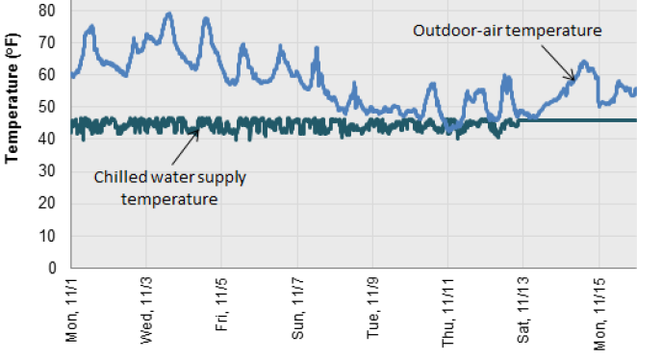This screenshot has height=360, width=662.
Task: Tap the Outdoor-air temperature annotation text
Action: click(507, 30)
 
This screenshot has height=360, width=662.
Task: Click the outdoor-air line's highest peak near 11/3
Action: click(168, 13)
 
